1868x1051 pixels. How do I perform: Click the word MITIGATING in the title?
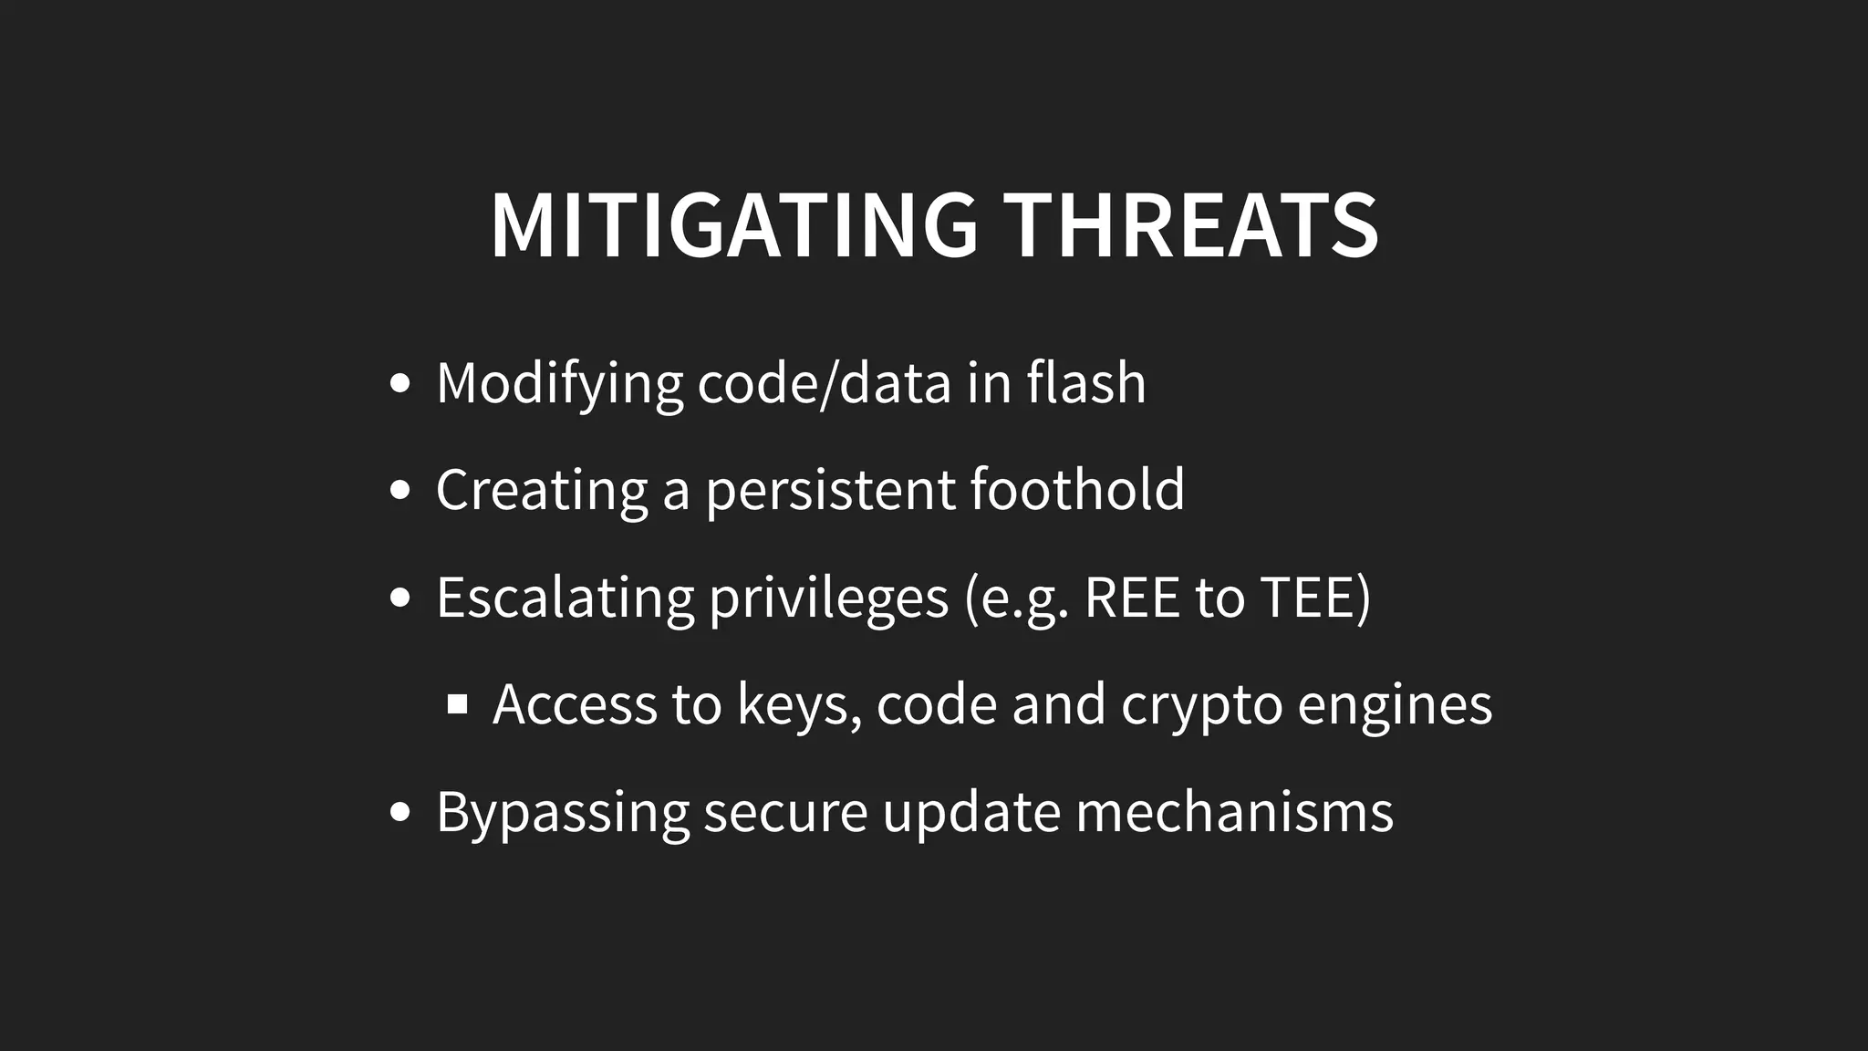click(734, 225)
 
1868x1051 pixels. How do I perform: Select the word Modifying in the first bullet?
click(559, 383)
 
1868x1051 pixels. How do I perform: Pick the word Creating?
click(541, 490)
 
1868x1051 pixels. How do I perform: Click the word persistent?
click(830, 490)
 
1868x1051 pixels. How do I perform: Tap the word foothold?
click(1077, 489)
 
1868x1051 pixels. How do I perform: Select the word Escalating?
click(565, 598)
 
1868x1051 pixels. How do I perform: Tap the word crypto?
click(1201, 705)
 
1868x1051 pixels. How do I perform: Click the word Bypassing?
click(562, 813)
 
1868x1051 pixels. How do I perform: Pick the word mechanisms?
click(1234, 811)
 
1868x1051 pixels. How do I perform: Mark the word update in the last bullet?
click(971, 812)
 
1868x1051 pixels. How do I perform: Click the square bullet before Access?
click(458, 704)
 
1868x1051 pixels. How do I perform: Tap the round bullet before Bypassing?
click(400, 811)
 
